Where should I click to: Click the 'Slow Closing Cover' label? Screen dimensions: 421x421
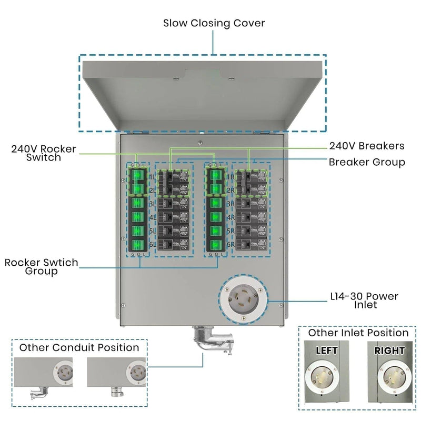pyautogui.click(x=214, y=23)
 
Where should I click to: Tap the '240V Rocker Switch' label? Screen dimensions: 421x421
pyautogui.click(x=43, y=153)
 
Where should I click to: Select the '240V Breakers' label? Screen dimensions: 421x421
pyautogui.click(x=367, y=146)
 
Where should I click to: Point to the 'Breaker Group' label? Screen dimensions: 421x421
pyautogui.click(x=367, y=162)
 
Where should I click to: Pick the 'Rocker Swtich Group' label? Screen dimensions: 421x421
pyautogui.click(x=41, y=267)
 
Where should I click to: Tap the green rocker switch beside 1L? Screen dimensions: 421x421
pyautogui.click(x=137, y=175)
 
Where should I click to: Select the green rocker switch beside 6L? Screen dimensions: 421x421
pyautogui.click(x=137, y=245)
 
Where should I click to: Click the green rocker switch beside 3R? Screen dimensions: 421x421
pyautogui.click(x=215, y=203)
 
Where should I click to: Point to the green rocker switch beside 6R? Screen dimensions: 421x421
pyautogui.click(x=215, y=245)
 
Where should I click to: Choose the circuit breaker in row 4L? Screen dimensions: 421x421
pyautogui.click(x=174, y=217)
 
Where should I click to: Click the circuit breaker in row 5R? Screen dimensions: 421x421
pyautogui.click(x=251, y=230)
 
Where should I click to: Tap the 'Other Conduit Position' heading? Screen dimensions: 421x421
pyautogui.click(x=79, y=348)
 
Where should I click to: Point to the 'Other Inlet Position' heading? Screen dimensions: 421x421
pyautogui.click(x=358, y=333)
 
